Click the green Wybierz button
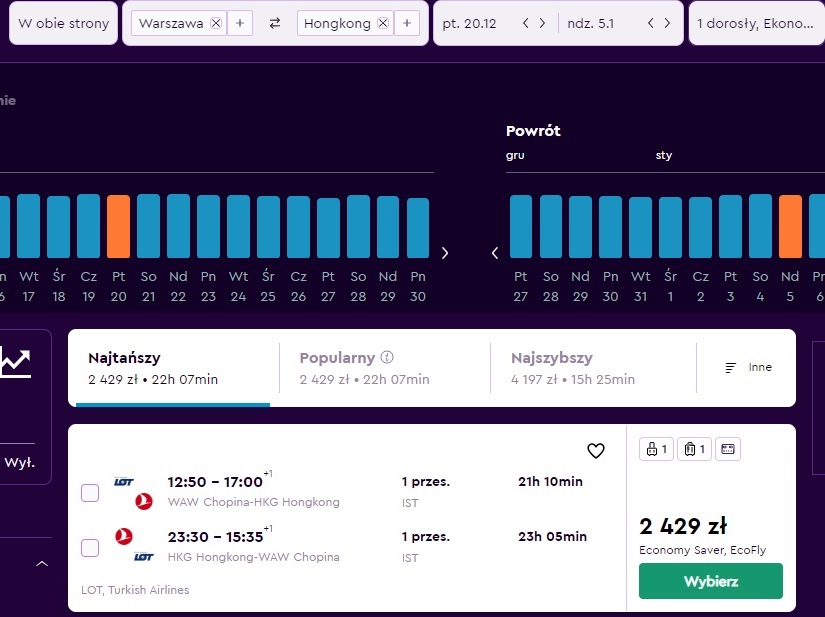point(710,581)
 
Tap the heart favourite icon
point(596,451)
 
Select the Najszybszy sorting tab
point(572,368)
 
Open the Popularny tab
point(364,368)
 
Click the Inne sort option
point(749,367)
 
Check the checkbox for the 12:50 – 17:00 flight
point(90,493)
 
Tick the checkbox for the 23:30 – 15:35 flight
point(90,548)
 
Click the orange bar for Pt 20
point(118,226)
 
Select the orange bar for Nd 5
point(790,226)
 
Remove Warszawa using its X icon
point(216,23)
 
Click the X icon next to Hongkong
point(383,23)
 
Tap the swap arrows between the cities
point(275,23)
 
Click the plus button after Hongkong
point(407,23)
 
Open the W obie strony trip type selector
point(63,23)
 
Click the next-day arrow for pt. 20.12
point(542,23)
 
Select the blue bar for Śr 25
point(268,227)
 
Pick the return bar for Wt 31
point(640,227)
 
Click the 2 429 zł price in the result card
point(683,526)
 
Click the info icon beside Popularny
point(387,357)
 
